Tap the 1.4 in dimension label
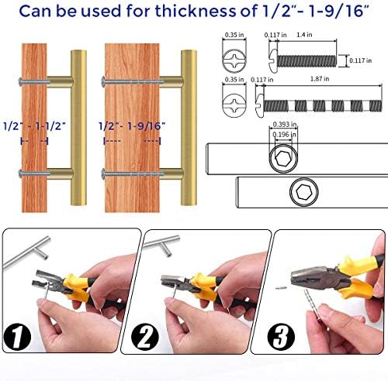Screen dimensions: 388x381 click(304, 35)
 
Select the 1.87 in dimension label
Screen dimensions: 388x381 click(320, 79)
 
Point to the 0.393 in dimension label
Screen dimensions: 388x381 click(285, 125)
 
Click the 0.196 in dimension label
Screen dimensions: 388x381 click(285, 134)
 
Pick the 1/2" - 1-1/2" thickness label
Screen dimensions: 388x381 click(34, 126)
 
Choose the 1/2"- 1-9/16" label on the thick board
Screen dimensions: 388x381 click(132, 126)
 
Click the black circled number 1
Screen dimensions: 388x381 click(17, 337)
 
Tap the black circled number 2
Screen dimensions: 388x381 click(145, 337)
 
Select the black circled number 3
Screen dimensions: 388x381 click(281, 337)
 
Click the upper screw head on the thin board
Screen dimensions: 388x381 click(21, 83)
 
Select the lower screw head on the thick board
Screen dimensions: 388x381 click(103, 173)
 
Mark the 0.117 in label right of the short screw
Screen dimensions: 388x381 click(361, 60)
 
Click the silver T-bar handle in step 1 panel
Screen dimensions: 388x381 click(26, 250)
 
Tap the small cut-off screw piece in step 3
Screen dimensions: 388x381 click(281, 287)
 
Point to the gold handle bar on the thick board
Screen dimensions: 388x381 click(189, 128)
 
